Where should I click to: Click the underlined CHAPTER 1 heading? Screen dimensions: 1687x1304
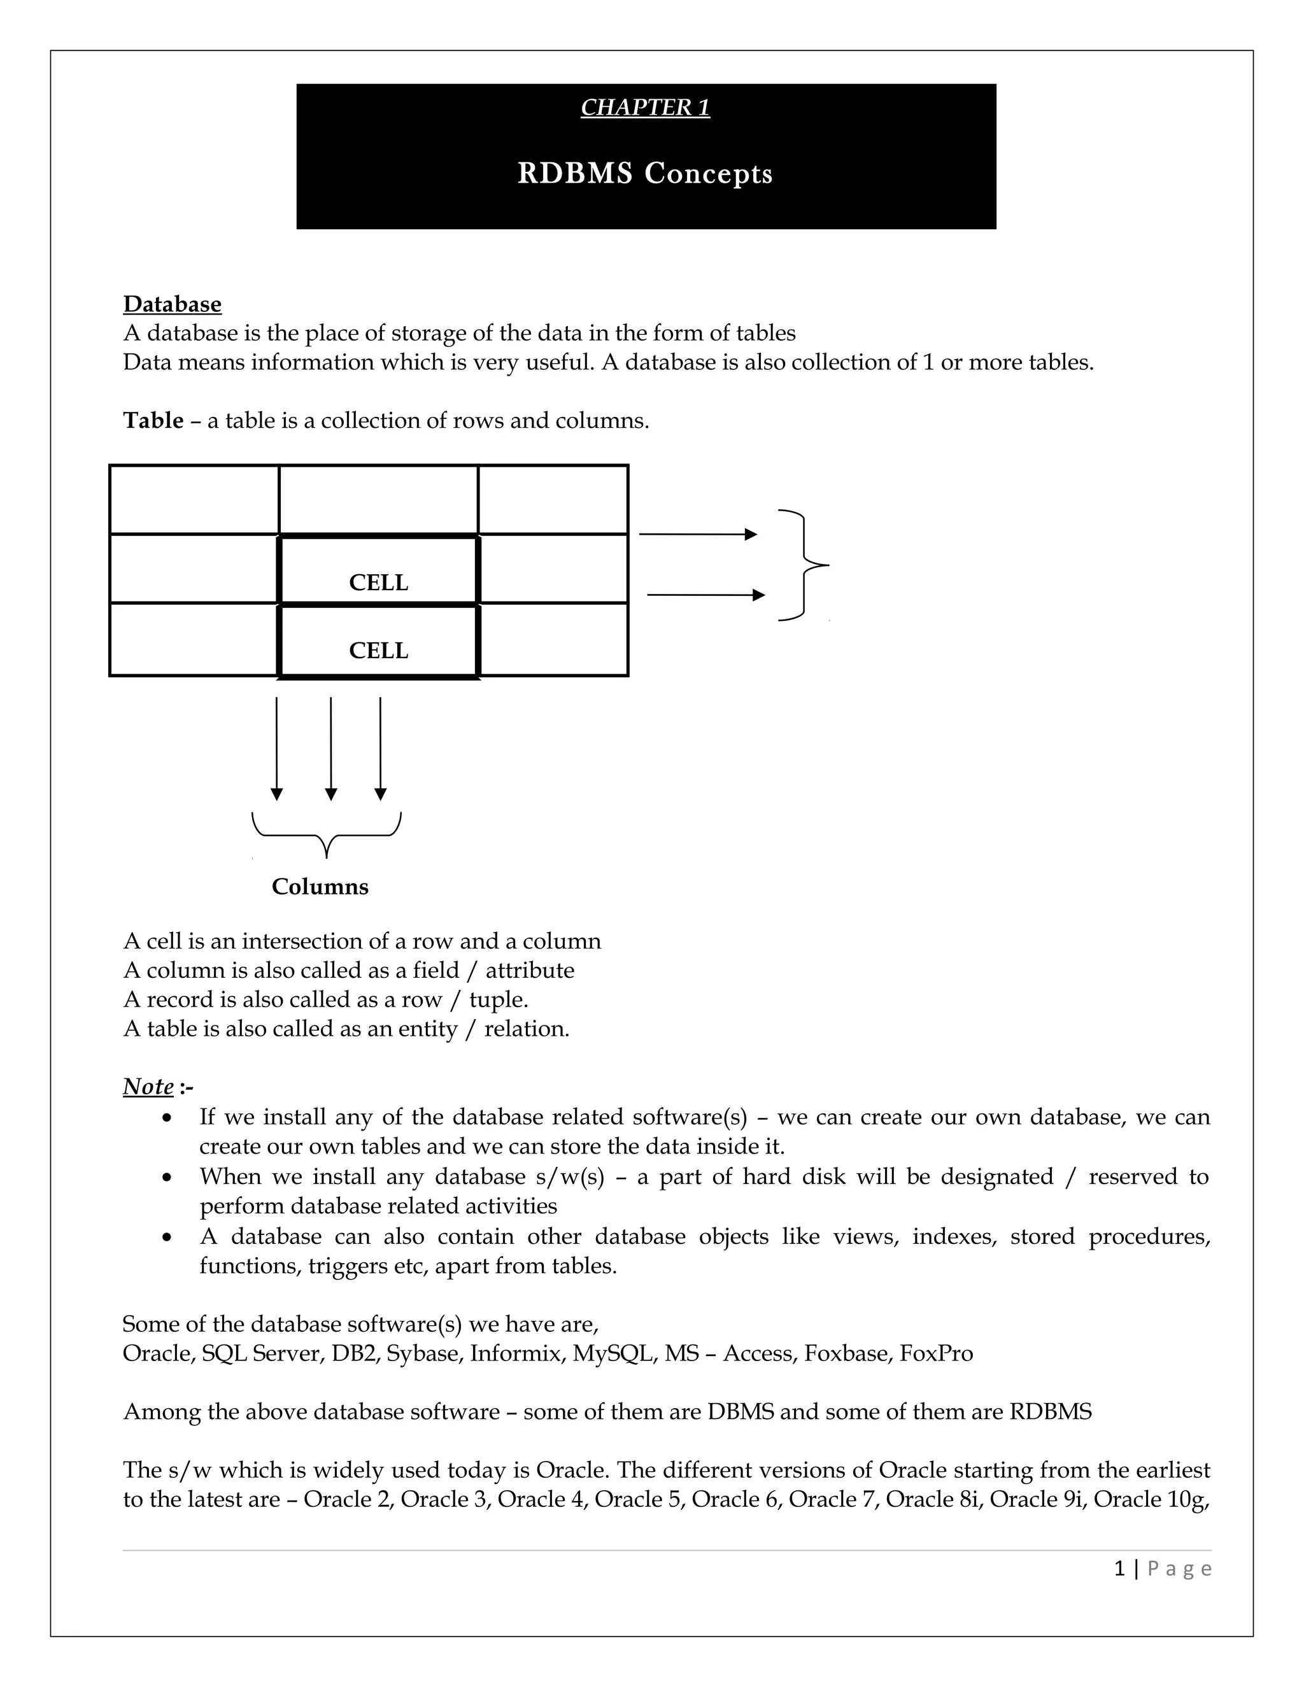[645, 108]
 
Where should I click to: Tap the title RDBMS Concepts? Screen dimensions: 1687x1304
[645, 174]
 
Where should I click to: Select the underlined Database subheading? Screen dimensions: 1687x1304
[173, 304]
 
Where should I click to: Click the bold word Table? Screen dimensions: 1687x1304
[153, 421]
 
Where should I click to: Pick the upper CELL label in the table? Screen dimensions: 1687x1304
[379, 582]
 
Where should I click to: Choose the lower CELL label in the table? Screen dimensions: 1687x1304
[379, 651]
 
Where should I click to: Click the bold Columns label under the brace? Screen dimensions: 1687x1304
[320, 887]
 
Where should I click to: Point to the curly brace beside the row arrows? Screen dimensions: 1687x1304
[805, 565]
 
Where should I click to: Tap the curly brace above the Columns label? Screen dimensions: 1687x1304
[327, 834]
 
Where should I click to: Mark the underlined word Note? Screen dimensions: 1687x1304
[148, 1087]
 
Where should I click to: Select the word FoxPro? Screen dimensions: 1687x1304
[936, 1354]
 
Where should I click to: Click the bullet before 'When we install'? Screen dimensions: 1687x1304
[167, 1178]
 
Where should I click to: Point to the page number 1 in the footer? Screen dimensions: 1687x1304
[1119, 1568]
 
